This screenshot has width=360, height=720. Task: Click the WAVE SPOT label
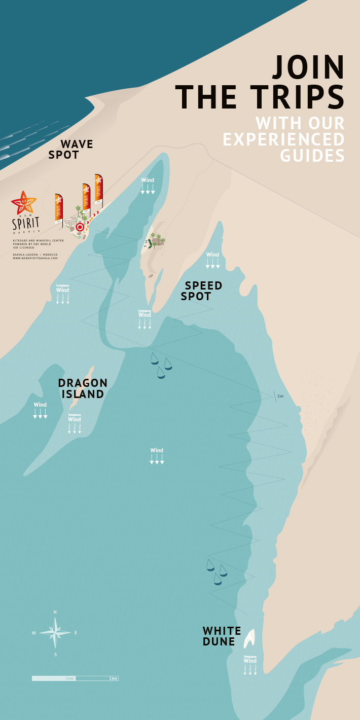pos(71,150)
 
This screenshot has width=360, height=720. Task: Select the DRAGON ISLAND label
pos(83,388)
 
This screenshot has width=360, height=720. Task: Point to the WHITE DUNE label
pos(222,636)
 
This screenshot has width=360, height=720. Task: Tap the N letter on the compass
pos(55,612)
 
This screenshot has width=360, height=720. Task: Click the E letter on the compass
pos(76,632)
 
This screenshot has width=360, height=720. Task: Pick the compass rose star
pos(55,632)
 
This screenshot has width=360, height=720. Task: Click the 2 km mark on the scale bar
pos(114,678)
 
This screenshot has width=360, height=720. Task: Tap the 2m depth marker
pos(280,396)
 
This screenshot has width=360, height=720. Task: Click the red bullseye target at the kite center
pos(80,227)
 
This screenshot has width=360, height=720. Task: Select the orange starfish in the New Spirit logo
pos(24,203)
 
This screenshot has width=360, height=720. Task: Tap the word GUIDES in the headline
pos(312,155)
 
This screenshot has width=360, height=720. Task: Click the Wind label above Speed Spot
pos(212,255)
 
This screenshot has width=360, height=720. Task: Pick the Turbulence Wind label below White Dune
pos(250,660)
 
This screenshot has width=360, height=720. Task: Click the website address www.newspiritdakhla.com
pos(35,258)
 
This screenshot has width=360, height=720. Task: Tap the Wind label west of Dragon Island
pos(40,405)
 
